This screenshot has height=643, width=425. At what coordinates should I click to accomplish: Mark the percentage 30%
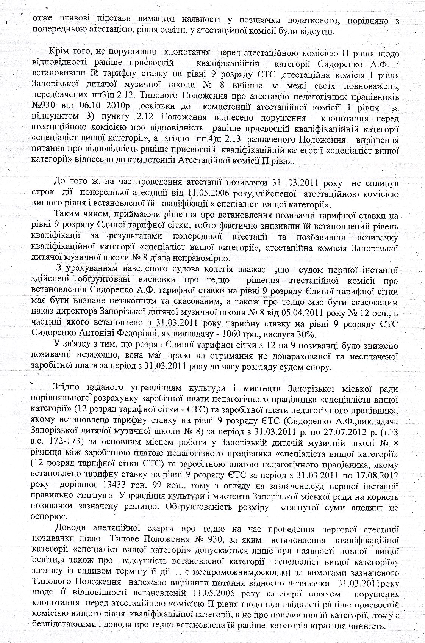305,335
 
